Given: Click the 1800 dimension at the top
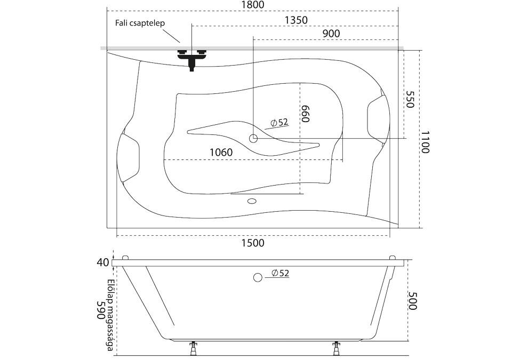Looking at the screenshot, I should (x=252, y=5).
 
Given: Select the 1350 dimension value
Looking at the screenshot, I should (x=296, y=20).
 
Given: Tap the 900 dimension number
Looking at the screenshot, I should (x=331, y=33).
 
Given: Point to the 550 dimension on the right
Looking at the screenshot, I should (x=410, y=99).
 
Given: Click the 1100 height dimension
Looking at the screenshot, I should (x=424, y=142).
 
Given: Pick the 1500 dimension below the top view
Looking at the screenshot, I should (x=252, y=243).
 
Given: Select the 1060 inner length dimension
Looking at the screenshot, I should (x=220, y=153).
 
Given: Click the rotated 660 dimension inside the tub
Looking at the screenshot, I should (x=305, y=114).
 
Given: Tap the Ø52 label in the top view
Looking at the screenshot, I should (x=279, y=123).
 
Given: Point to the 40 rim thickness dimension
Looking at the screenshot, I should (x=103, y=262).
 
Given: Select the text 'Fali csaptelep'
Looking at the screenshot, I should (x=139, y=23).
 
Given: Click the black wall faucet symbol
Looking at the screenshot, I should (x=191, y=57).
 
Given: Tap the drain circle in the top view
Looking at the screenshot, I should (x=253, y=139).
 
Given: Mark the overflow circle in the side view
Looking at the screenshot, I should (x=257, y=277).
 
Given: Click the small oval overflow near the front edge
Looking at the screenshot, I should (x=252, y=202).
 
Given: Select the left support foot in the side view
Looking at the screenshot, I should (x=191, y=349).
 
